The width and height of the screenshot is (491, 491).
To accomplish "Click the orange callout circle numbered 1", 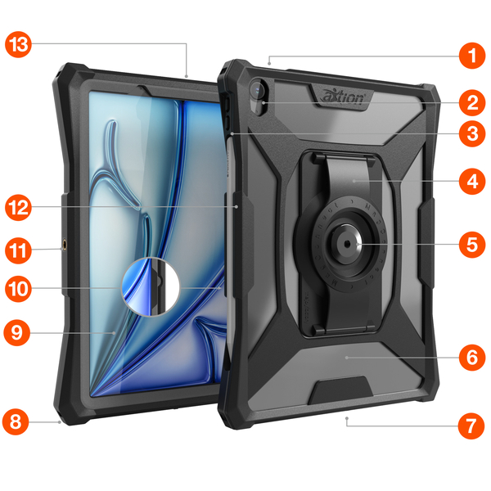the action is (472, 56).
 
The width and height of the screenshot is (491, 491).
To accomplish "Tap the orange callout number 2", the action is (472, 103).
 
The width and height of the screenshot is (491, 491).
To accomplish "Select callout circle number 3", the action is (472, 133).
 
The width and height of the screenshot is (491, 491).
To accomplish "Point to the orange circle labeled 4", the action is (472, 181).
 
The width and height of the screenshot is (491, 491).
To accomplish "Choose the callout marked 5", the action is (472, 245).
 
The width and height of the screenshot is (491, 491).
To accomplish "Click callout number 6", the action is (472, 358).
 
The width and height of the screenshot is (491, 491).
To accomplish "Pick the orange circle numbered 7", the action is (471, 426).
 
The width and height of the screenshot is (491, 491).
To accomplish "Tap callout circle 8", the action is (16, 421).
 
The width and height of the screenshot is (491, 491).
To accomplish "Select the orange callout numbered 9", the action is (17, 332).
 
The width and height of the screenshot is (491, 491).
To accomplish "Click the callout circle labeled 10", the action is (18, 289).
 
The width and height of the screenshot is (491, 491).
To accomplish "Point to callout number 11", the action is (18, 250).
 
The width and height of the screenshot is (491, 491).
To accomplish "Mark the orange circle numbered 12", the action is (18, 207).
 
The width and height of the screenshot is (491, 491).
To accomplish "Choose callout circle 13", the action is (18, 44).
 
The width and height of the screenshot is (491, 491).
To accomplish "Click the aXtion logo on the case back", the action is (342, 97).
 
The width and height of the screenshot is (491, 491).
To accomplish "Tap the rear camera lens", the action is (258, 90).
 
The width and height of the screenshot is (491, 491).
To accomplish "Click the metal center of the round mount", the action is (347, 244).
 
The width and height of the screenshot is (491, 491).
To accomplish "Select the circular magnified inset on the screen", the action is (151, 286).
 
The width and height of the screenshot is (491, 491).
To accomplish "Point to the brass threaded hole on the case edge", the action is (65, 244).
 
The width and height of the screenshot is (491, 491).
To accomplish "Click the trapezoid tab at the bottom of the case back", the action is (340, 390).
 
